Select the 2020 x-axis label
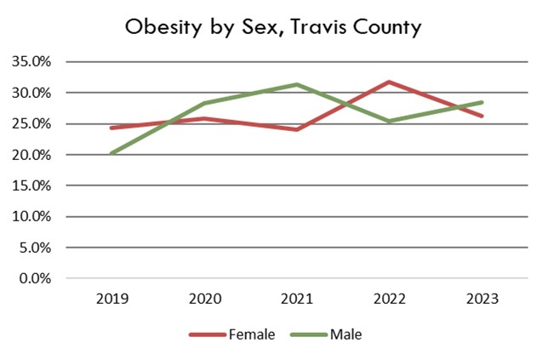[203, 299]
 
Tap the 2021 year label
[296, 299]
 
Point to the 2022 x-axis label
[389, 299]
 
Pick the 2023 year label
[482, 299]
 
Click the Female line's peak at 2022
[389, 82]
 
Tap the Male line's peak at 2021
[296, 84]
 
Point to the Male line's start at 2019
[111, 153]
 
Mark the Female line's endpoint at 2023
[482, 116]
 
